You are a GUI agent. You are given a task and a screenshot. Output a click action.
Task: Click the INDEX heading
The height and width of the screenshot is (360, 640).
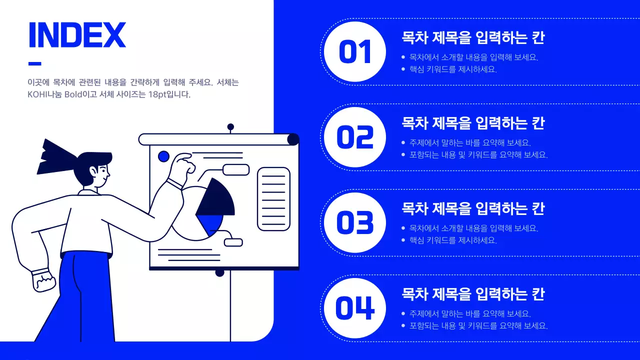click(77, 35)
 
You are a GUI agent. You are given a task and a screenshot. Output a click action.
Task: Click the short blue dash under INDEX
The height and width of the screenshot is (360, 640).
click(35, 63)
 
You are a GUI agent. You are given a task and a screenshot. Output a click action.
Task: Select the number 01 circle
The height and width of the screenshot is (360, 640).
click(355, 52)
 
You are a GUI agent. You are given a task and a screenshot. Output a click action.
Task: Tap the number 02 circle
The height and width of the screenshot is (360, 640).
click(355, 137)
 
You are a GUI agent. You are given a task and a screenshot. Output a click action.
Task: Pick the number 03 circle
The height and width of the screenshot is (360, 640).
click(355, 223)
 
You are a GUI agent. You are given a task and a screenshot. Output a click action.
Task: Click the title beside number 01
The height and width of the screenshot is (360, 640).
click(473, 38)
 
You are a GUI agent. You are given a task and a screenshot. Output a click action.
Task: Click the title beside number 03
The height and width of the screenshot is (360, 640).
click(473, 208)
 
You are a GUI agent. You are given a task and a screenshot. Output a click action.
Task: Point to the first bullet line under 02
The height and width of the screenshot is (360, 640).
click(470, 143)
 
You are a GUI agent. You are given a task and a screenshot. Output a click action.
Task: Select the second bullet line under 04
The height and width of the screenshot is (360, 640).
click(478, 326)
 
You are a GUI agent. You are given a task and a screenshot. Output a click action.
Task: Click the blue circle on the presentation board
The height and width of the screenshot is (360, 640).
click(163, 156)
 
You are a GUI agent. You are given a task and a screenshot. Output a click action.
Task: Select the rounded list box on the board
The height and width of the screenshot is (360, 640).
click(273, 199)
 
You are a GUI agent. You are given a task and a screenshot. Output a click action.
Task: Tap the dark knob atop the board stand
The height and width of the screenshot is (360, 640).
click(230, 127)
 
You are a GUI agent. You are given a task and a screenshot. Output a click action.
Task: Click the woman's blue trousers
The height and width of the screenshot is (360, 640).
click(85, 300)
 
